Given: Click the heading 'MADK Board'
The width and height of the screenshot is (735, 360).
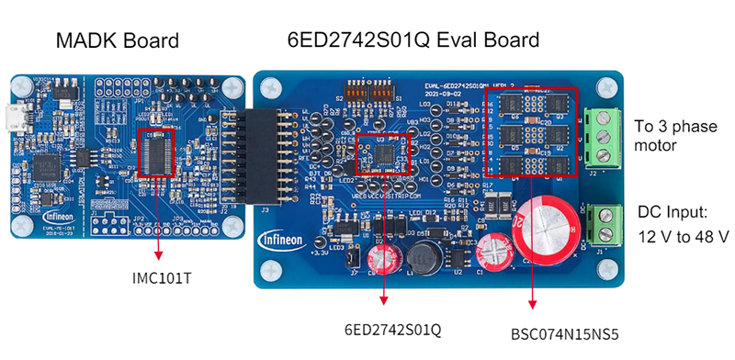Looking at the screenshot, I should (117, 41).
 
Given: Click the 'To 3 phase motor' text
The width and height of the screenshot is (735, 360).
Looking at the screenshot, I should (670, 135).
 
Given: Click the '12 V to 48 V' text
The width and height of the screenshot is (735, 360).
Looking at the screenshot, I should (684, 236).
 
